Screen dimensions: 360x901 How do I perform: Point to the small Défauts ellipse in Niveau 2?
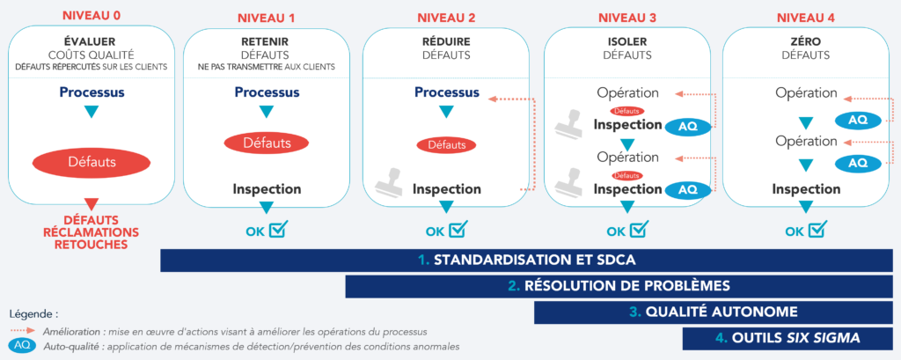click(446, 144)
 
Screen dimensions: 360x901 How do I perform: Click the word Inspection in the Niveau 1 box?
click(267, 188)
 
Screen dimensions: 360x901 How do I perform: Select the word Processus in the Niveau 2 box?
click(446, 92)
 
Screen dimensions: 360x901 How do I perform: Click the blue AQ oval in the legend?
click(23, 345)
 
